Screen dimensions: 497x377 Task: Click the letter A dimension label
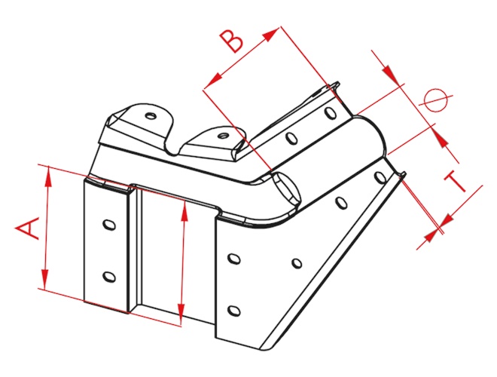pos(28,228)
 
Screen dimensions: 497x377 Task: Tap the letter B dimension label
pos(232,41)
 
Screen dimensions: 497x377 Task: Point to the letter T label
pos(456,182)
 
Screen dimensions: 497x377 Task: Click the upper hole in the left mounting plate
pos(109,225)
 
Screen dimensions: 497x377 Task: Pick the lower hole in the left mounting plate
pos(109,277)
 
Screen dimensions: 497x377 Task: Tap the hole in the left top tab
pos(151,115)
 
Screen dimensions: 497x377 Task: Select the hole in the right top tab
pos(224,136)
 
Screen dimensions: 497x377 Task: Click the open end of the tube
pos(285,188)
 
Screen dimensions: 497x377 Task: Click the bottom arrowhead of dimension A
pos(44,279)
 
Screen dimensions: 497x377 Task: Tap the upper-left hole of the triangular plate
pos(233,259)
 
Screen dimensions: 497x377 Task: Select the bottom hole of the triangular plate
pos(233,310)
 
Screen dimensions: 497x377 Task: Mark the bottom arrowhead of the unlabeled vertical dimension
pos(181,314)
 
